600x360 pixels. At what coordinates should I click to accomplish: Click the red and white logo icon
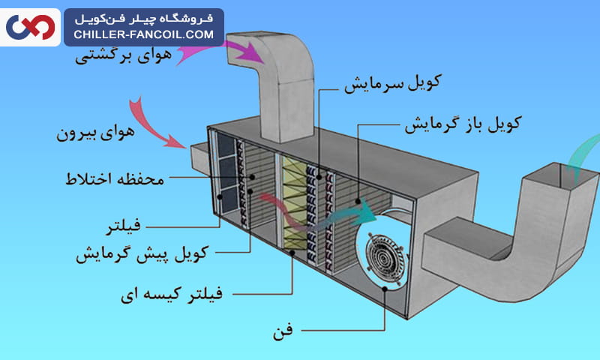point(31,27)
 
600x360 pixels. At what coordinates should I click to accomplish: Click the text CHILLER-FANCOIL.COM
point(144,34)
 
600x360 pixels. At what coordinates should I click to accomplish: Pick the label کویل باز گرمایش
point(464,122)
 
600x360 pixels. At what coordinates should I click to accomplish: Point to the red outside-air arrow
point(154,120)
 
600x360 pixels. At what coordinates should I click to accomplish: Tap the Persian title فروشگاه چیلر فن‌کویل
point(144,17)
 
